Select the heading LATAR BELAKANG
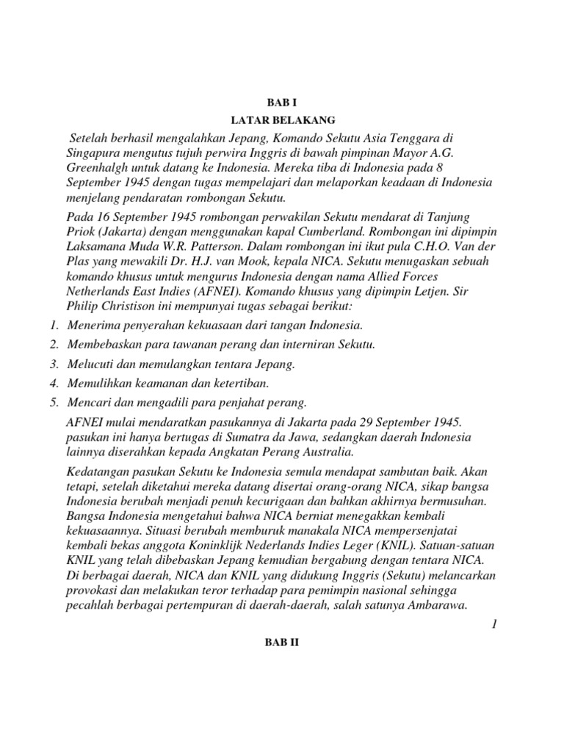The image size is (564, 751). (283, 119)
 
